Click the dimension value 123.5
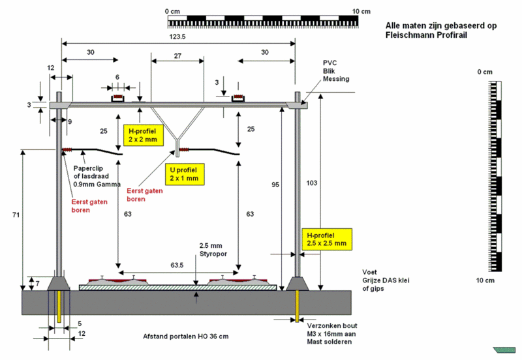(177, 37)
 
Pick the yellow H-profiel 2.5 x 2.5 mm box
(326, 239)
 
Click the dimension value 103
(311, 183)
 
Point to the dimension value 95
(277, 185)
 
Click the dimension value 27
(177, 56)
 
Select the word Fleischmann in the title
(410, 35)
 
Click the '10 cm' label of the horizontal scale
(361, 11)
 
